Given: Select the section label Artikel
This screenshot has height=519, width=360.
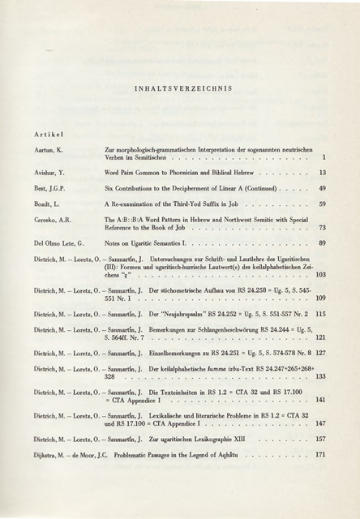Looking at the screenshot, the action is pyautogui.click(x=48, y=132).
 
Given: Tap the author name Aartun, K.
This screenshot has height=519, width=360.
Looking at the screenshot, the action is pyautogui.click(x=48, y=151).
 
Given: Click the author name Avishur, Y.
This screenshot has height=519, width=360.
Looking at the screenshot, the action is pyautogui.click(x=49, y=173).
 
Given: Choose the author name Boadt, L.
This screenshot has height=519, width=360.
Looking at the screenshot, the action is pyautogui.click(x=47, y=204).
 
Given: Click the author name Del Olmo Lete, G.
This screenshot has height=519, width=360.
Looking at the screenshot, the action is pyautogui.click(x=59, y=243).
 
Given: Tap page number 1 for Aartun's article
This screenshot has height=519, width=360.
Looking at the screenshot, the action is pyautogui.click(x=324, y=157).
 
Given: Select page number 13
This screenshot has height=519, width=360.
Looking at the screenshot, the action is pyautogui.click(x=322, y=173).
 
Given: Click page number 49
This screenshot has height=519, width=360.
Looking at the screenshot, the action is pyautogui.click(x=322, y=188).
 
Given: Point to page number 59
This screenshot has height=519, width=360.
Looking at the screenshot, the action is pyautogui.click(x=322, y=204).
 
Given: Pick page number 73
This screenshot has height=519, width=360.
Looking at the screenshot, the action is pyautogui.click(x=322, y=228).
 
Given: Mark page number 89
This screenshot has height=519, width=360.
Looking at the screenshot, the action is pyautogui.click(x=322, y=243).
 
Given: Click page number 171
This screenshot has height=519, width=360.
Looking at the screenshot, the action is pyautogui.click(x=320, y=454).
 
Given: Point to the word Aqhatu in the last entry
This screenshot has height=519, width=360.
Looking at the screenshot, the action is pyautogui.click(x=267, y=454).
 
